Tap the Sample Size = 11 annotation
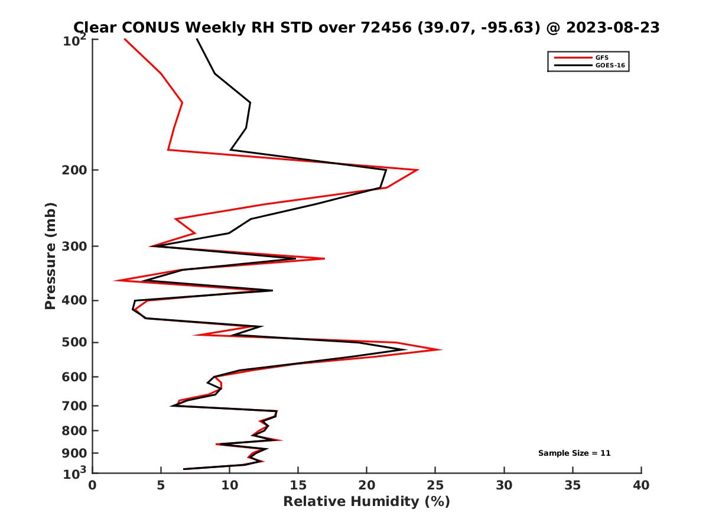(574, 453)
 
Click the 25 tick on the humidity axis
(435, 485)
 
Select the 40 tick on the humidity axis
(641, 485)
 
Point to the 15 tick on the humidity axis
(298, 485)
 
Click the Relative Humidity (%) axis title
(366, 502)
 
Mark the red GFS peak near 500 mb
(441, 350)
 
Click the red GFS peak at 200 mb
(418, 170)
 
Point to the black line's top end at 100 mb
(197, 39)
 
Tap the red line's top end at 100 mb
(125, 39)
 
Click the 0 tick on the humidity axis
(93, 485)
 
